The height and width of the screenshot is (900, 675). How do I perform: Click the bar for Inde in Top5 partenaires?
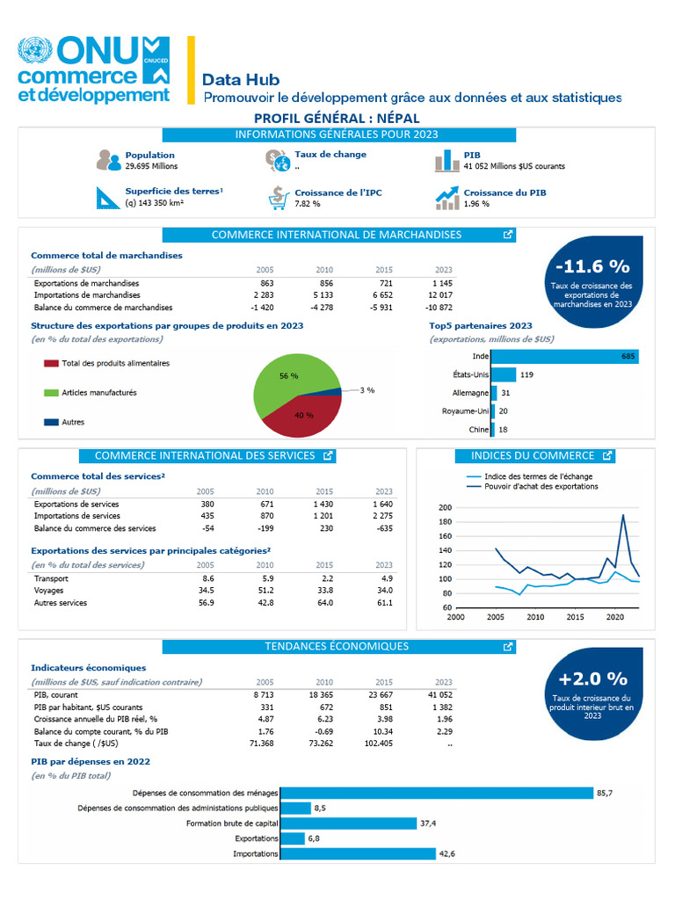click(x=565, y=357)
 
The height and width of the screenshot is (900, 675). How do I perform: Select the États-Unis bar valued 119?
click(x=504, y=374)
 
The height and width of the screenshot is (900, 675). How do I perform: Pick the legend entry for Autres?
click(x=64, y=422)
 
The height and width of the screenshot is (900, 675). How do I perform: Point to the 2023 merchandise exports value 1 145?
click(x=442, y=283)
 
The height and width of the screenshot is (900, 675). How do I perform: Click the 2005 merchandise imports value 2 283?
click(x=264, y=295)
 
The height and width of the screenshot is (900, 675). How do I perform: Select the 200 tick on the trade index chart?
click(x=445, y=507)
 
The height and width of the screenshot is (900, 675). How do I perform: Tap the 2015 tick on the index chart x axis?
click(x=575, y=617)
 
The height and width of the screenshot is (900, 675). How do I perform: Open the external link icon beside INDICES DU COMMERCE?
click(x=607, y=456)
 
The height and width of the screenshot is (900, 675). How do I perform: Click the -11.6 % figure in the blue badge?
click(x=592, y=266)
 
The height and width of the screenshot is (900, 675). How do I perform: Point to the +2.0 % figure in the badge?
click(x=593, y=679)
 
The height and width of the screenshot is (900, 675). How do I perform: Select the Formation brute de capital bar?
click(x=348, y=824)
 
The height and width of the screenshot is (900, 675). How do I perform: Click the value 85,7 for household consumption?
click(x=605, y=794)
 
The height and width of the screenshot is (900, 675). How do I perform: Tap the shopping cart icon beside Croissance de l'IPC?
click(x=279, y=198)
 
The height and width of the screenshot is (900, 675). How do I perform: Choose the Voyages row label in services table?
click(x=49, y=591)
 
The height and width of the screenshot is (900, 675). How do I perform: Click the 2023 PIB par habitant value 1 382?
click(x=442, y=708)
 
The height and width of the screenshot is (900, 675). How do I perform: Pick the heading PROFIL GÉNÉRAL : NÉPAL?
click(x=337, y=119)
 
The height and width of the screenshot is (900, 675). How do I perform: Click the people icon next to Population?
click(x=108, y=160)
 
